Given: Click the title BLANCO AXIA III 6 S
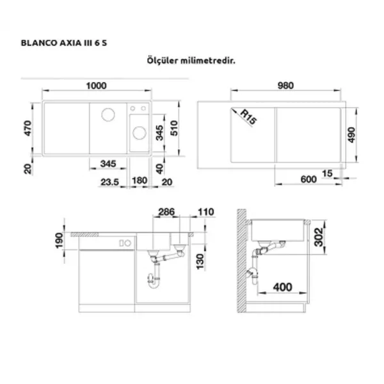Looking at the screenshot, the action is pyautogui.click(x=64, y=43).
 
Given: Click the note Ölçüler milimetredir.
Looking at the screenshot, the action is pyautogui.click(x=191, y=60).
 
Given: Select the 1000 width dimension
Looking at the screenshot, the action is pyautogui.click(x=96, y=86).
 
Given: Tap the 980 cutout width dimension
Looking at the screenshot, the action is pyautogui.click(x=285, y=86).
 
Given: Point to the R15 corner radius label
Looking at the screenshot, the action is pyautogui.click(x=248, y=116).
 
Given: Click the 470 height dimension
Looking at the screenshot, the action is pyautogui.click(x=28, y=129).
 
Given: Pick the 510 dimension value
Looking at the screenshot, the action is pyautogui.click(x=174, y=128).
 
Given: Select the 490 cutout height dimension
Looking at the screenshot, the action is pyautogui.click(x=351, y=134).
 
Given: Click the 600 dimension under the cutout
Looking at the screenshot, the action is pyautogui.click(x=308, y=179).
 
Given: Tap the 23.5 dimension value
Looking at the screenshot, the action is pyautogui.click(x=109, y=182).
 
